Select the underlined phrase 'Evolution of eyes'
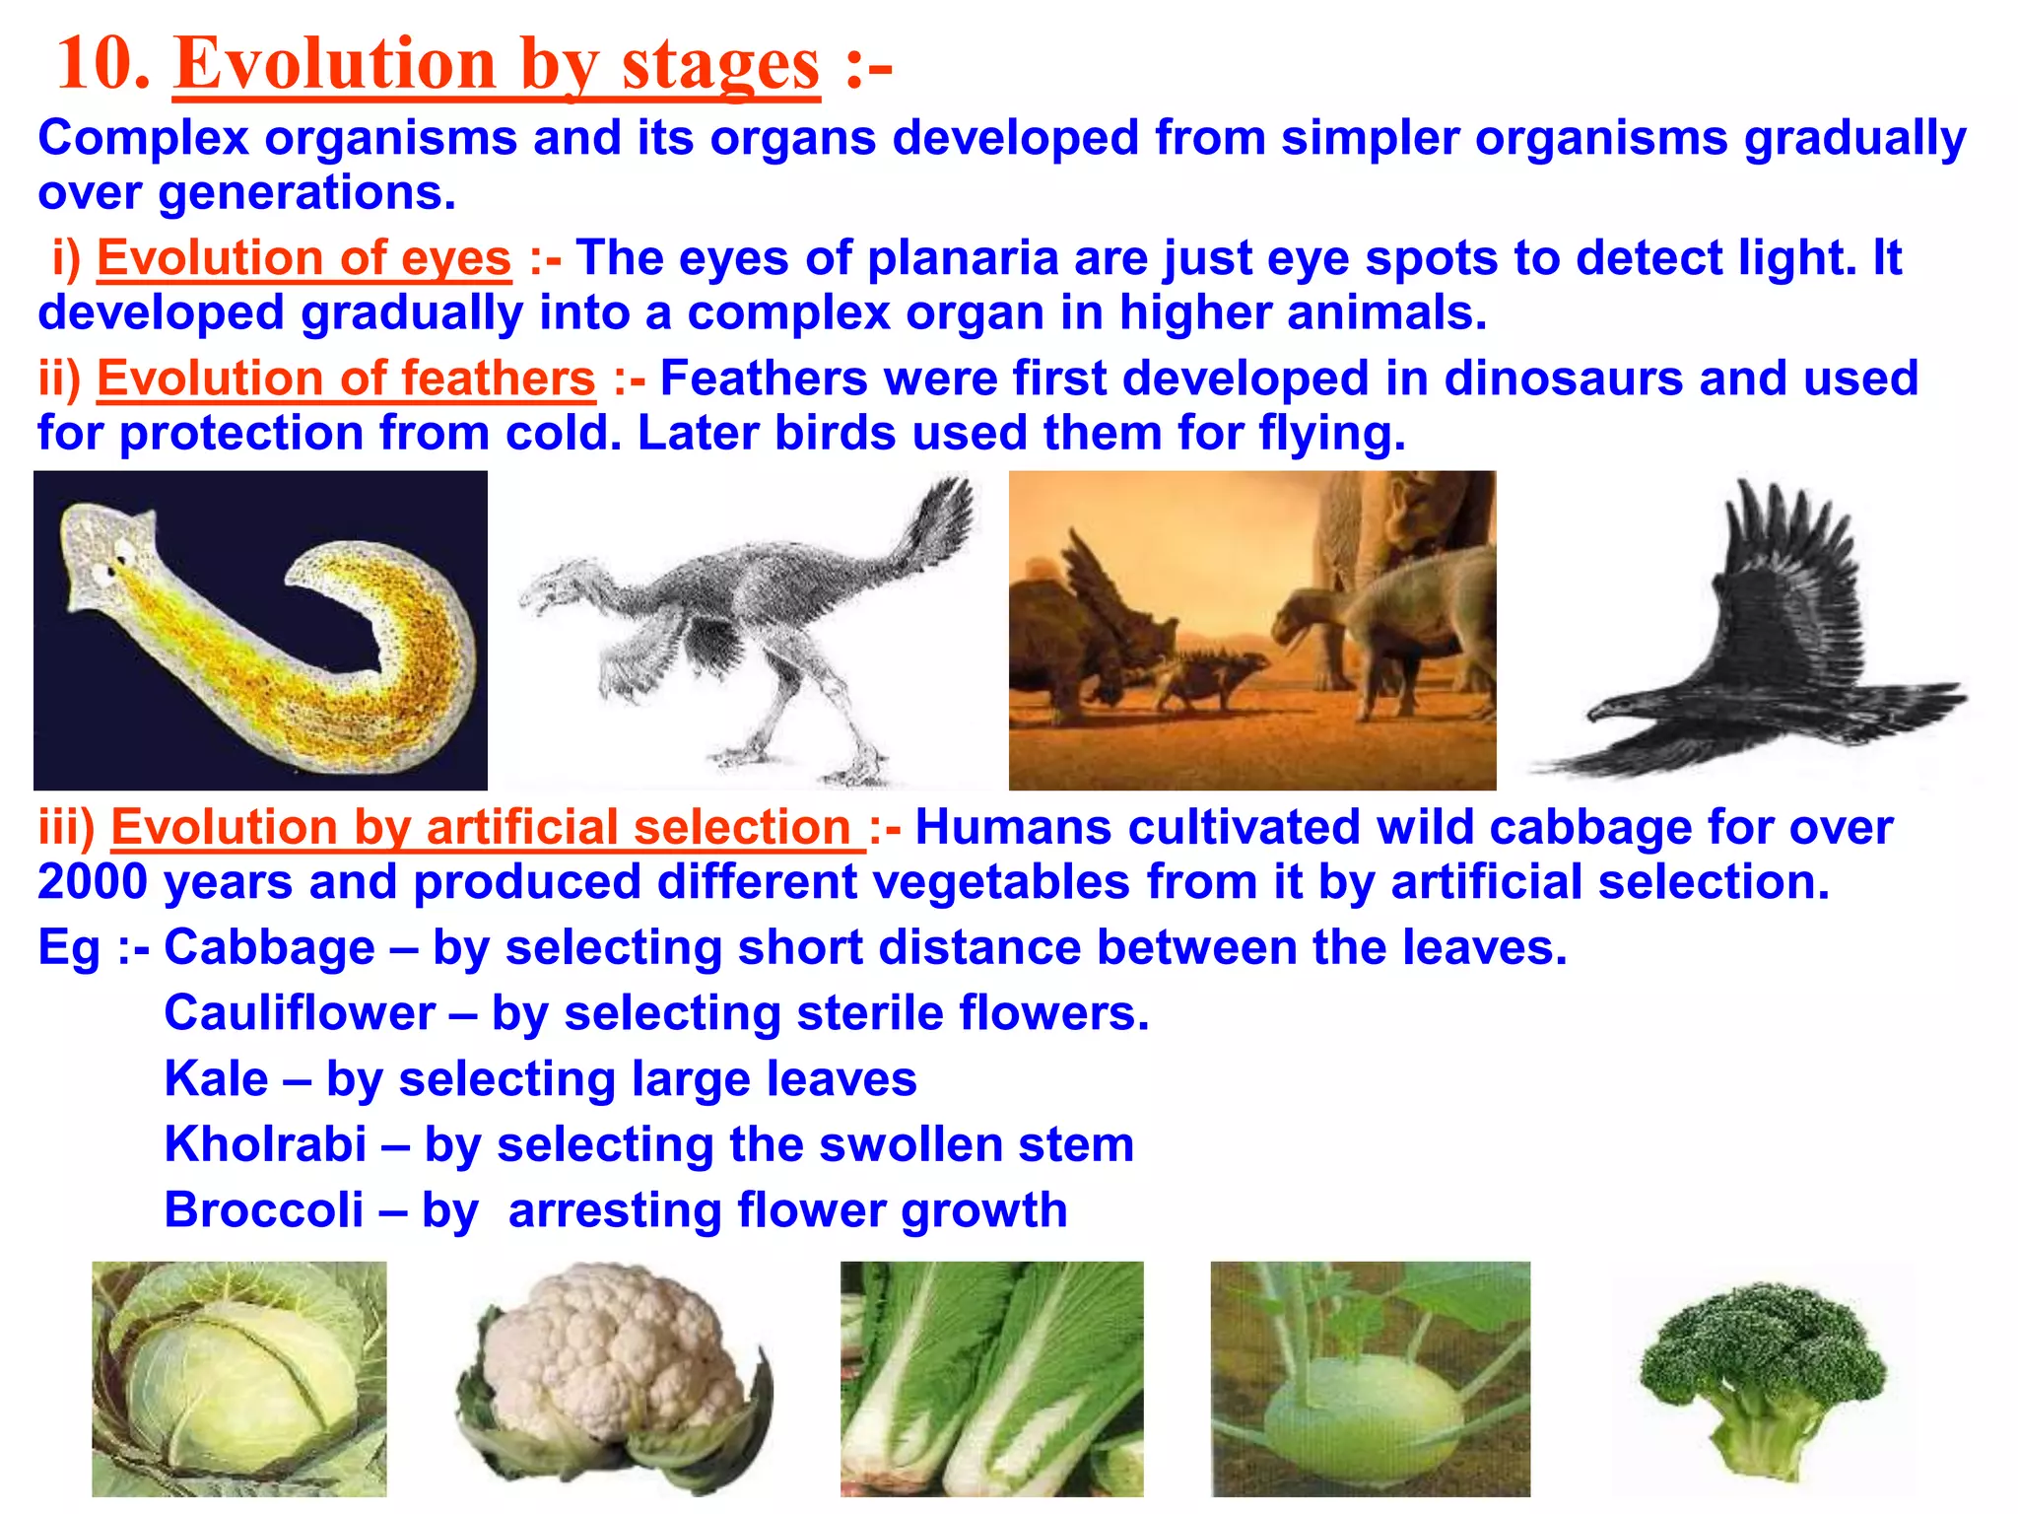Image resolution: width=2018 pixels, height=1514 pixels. pos(303,258)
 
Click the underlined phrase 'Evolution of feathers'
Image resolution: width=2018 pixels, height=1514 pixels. pos(346,378)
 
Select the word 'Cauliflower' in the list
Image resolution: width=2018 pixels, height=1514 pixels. pos(300,1013)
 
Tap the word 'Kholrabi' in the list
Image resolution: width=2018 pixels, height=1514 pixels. pos(265,1144)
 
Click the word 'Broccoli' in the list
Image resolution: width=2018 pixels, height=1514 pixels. pos(263,1210)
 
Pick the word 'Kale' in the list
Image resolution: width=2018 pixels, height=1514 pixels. pos(216,1079)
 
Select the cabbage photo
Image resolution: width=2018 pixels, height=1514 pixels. pos(238,1380)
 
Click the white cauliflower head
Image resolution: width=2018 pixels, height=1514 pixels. pos(611,1350)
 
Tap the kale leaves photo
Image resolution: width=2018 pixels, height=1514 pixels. pos(991,1380)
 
